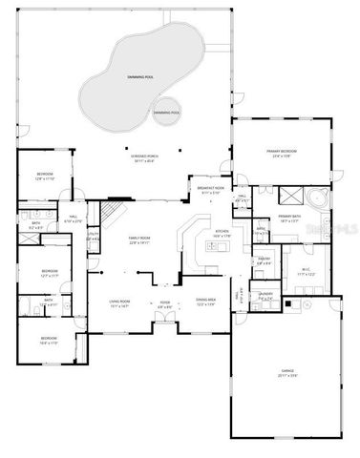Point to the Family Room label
click(140, 240)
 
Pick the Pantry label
click(264, 260)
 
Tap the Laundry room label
click(266, 297)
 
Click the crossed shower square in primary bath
click(287, 196)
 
